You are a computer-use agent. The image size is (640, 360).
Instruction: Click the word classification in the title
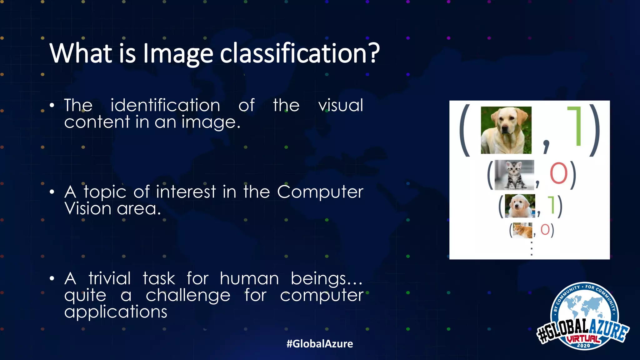coord(299,53)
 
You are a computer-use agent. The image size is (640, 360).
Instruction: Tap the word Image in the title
coord(178,53)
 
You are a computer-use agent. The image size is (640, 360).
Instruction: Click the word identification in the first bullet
coord(165,105)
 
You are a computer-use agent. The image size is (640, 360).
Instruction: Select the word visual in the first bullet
coord(341,105)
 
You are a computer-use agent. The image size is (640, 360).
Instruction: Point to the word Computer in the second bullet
coord(320,192)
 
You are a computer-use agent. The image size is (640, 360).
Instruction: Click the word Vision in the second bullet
coord(88,208)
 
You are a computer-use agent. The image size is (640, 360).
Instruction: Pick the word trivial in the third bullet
coord(109,278)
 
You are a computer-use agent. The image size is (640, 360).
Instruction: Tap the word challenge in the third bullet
coord(188,295)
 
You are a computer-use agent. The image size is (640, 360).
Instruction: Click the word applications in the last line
coord(116,312)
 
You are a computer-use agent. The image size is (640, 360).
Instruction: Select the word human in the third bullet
coord(249,278)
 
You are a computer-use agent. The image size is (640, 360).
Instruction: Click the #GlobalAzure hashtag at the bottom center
coord(320,344)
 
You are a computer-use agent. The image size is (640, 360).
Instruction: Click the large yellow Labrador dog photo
coord(506,130)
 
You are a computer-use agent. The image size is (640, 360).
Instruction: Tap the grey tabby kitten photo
coord(514,175)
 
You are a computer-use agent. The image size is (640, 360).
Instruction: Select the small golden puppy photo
coord(520,206)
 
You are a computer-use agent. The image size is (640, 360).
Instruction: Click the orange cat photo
coord(522,230)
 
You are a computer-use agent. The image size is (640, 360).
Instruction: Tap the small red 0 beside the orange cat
coord(545,230)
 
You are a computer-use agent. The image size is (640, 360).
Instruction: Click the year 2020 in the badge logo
coord(583,346)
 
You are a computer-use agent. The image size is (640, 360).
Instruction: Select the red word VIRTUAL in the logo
coord(583,339)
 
